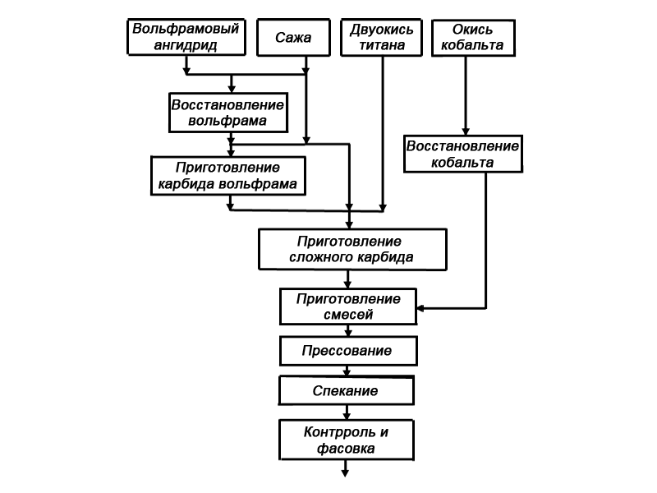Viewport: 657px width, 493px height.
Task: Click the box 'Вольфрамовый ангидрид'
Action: pyautogui.click(x=186, y=38)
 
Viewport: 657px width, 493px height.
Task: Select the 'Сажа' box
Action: pyautogui.click(x=283, y=38)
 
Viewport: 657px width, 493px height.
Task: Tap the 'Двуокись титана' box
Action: pyautogui.click(x=377, y=38)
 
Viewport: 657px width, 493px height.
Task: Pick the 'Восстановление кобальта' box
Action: pyautogui.click(x=463, y=154)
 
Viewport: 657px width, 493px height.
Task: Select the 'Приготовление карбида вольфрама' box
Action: pyautogui.click(x=228, y=175)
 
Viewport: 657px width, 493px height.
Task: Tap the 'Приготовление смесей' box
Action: pyautogui.click(x=349, y=306)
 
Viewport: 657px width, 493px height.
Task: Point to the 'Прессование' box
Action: pyautogui.click(x=346, y=352)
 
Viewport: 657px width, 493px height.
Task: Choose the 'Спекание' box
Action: pyautogui.click(x=346, y=391)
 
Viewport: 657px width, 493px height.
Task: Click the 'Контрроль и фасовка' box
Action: pyautogui.click(x=346, y=440)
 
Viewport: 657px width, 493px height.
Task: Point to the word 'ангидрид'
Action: pyautogui.click(x=186, y=46)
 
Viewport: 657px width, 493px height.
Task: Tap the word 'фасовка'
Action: pyautogui.click(x=346, y=449)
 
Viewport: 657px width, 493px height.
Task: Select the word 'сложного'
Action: pyautogui.click(x=322, y=257)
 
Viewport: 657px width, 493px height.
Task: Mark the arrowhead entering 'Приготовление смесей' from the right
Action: pyautogui.click(x=422, y=309)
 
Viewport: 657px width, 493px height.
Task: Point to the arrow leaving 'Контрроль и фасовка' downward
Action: pyautogui.click(x=346, y=468)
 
